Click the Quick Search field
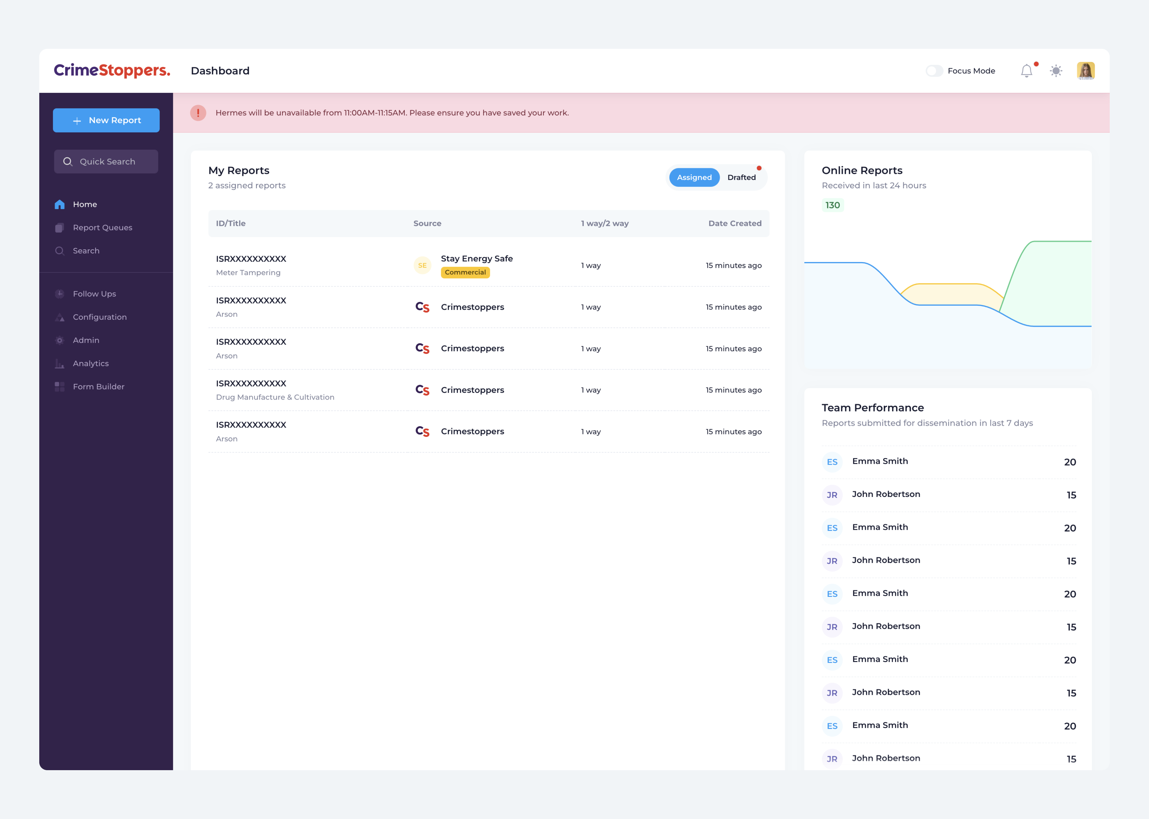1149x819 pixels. click(x=106, y=162)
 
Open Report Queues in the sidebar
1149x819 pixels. click(x=102, y=228)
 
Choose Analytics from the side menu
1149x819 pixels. click(x=91, y=364)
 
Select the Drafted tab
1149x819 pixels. click(x=741, y=177)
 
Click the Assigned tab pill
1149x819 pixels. click(x=694, y=177)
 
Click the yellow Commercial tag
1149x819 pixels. click(x=465, y=272)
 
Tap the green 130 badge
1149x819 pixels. click(x=832, y=205)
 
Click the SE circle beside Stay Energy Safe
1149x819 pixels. click(x=422, y=265)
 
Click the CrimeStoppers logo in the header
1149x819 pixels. click(x=112, y=71)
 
